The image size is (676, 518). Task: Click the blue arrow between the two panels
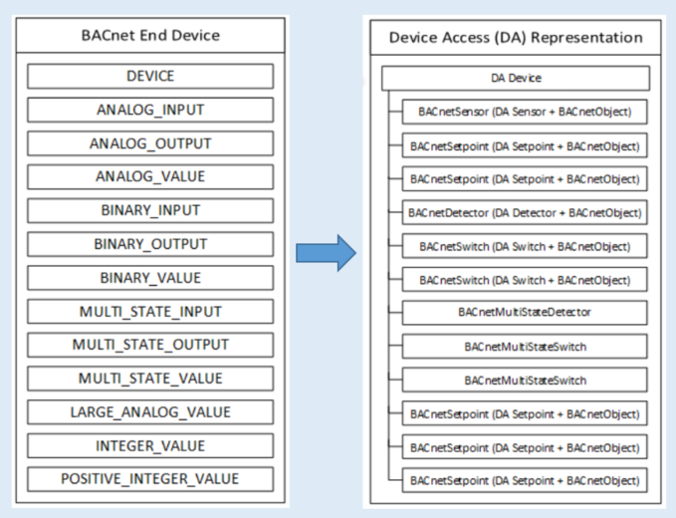(x=325, y=254)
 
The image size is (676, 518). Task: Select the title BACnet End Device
(x=149, y=37)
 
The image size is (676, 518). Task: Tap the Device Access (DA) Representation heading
(x=515, y=38)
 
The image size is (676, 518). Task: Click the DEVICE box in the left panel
(x=149, y=76)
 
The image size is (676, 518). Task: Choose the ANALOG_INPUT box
(x=149, y=110)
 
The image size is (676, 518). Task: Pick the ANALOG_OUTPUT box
(x=149, y=143)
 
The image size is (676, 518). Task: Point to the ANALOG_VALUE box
(x=149, y=177)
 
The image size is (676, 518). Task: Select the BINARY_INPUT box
(x=149, y=210)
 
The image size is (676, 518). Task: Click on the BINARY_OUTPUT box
(x=149, y=244)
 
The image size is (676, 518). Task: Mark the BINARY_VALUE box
(x=149, y=278)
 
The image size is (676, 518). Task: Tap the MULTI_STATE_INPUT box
(x=149, y=312)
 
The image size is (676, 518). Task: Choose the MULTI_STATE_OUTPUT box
(x=149, y=345)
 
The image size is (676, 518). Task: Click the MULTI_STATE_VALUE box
(x=149, y=379)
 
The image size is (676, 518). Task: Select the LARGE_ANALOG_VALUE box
(x=149, y=412)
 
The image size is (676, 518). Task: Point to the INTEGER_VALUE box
(x=149, y=445)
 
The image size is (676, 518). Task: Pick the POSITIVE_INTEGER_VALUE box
(x=149, y=479)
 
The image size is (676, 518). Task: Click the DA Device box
(x=516, y=78)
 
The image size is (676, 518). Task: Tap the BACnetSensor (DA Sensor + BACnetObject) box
(x=525, y=112)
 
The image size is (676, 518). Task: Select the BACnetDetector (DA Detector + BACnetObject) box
(x=525, y=212)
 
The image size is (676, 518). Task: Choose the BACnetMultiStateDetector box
(x=525, y=313)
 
